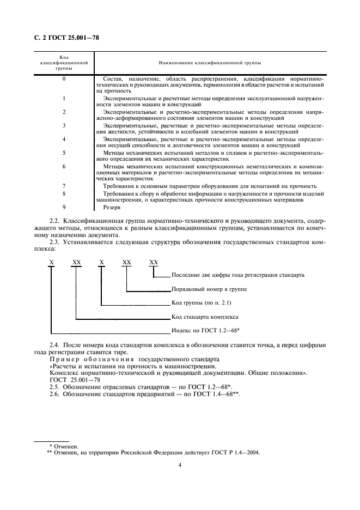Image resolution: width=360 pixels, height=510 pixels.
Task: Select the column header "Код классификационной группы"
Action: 64,63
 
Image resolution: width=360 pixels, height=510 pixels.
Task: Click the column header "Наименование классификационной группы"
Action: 210,63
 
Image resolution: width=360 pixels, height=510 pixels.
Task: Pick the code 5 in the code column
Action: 64,153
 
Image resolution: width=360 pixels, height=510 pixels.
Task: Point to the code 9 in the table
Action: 64,207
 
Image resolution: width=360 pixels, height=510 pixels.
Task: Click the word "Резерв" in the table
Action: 111,207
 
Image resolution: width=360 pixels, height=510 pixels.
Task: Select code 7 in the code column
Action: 64,186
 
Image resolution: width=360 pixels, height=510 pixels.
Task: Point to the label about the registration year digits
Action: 237,275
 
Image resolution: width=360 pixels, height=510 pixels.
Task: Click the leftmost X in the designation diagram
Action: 52,262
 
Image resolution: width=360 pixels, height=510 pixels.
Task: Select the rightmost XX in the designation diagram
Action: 154,262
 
